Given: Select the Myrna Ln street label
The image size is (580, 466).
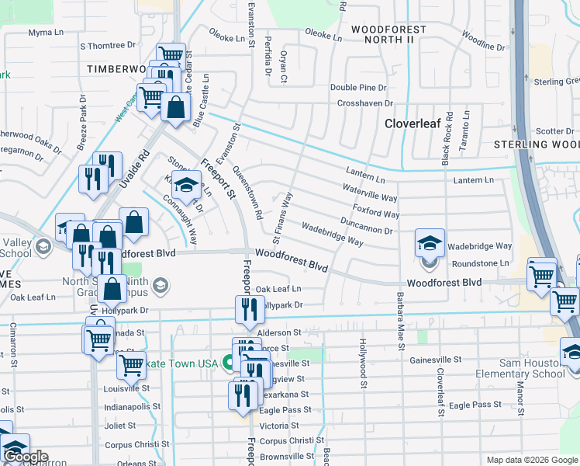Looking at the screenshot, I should [x=46, y=33].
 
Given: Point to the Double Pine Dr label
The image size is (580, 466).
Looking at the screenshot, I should [x=358, y=88].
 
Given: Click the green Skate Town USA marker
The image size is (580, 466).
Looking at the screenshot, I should [x=229, y=362].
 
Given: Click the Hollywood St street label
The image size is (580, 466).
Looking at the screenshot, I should [x=362, y=359].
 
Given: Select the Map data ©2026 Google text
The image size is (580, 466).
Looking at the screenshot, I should [x=531, y=460].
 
